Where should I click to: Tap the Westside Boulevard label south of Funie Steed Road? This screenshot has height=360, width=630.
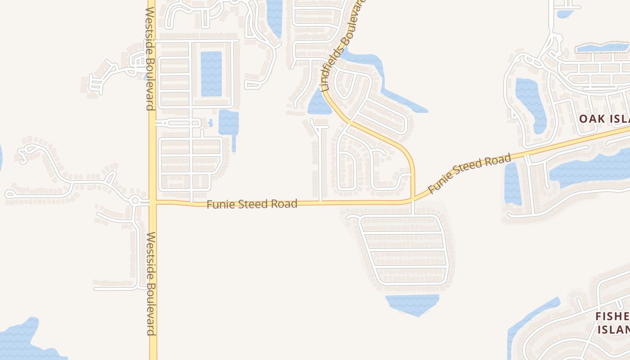151,283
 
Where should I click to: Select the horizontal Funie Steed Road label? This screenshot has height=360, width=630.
252,204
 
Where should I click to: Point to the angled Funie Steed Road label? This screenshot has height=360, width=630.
469,173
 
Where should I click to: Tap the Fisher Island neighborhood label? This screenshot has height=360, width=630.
612,323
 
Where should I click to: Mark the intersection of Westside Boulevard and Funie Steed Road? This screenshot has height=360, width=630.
153,202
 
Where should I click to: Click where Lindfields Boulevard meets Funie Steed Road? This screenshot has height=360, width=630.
412,199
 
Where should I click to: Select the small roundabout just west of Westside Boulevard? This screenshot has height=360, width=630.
135,201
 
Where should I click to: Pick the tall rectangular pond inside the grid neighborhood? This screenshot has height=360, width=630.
211,74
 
